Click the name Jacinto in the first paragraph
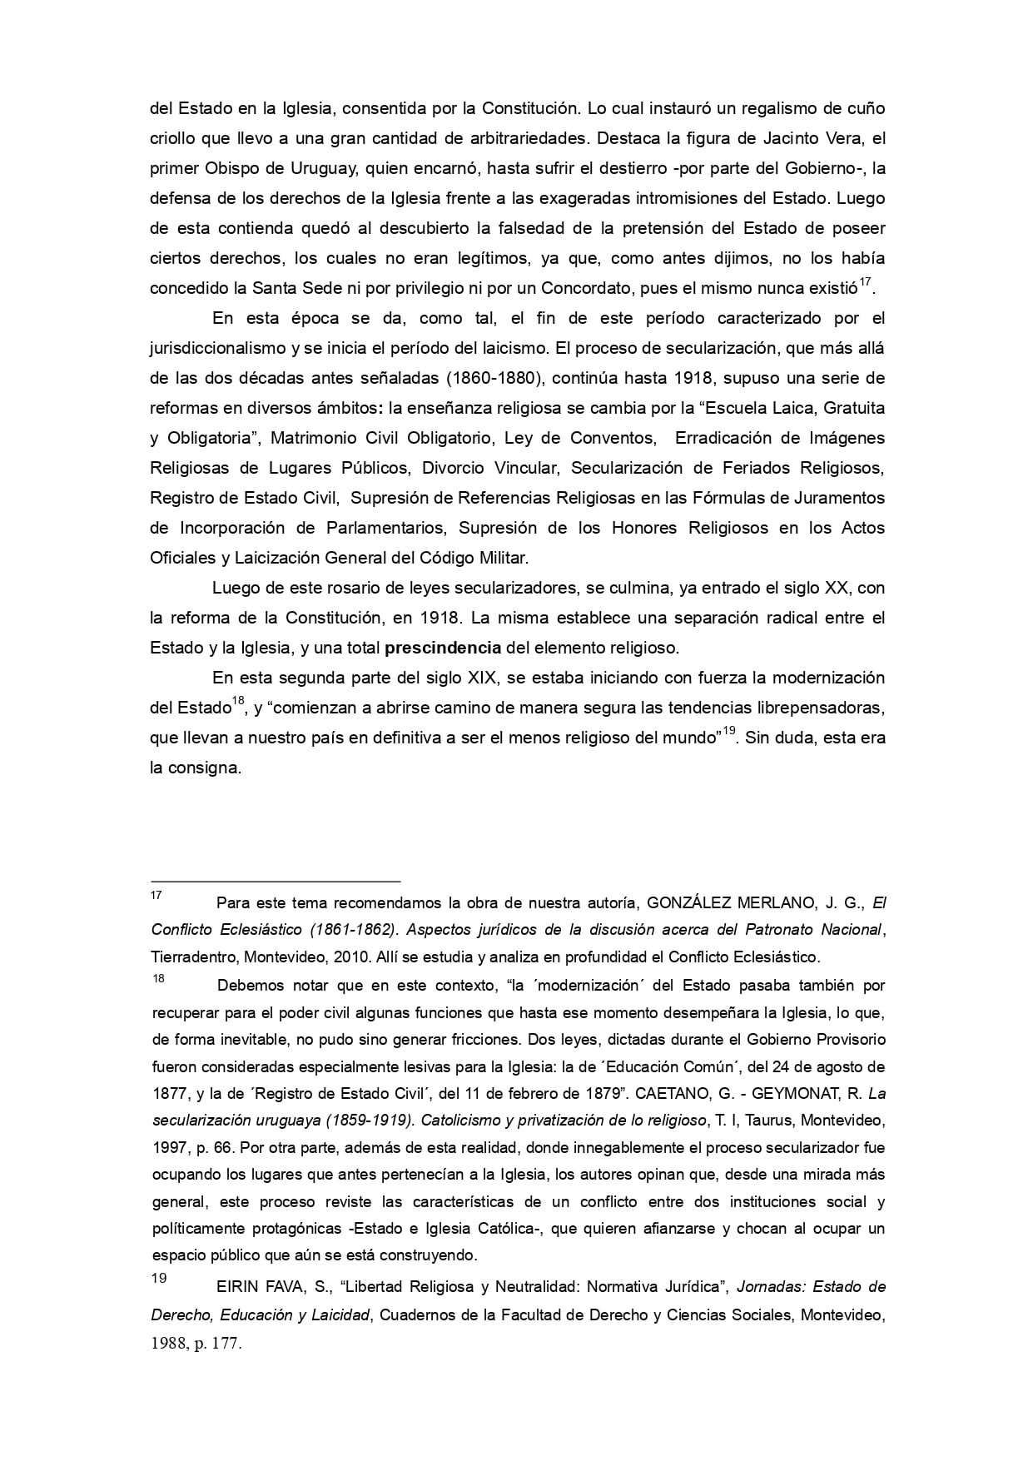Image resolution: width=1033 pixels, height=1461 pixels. [763, 138]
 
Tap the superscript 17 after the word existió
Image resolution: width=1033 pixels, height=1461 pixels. [865, 283]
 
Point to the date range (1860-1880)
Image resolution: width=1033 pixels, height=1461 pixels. [494, 378]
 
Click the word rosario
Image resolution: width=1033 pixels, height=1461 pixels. [328, 588]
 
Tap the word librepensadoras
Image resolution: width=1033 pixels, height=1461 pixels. [822, 708]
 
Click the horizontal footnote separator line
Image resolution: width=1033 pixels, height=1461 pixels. [275, 880]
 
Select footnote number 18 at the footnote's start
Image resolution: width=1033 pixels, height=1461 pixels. [158, 979]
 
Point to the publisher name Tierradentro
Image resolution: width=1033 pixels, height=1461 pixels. [189, 956]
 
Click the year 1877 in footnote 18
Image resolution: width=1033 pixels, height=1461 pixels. [166, 1093]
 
